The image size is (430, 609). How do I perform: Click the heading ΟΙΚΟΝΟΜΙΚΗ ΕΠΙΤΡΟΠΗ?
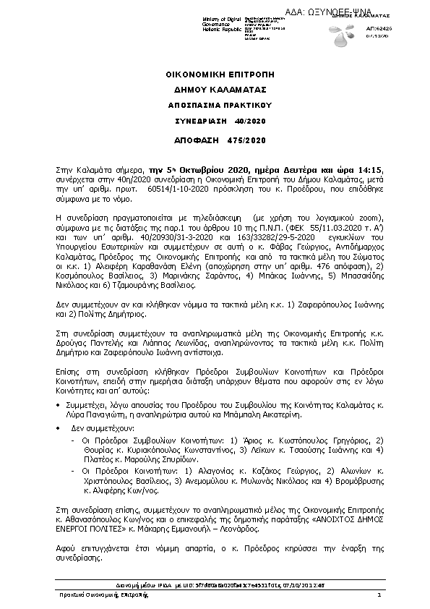[215, 74]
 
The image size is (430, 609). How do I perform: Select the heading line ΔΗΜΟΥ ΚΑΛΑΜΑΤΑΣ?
[215, 90]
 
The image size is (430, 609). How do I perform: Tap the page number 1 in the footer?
[378, 595]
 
